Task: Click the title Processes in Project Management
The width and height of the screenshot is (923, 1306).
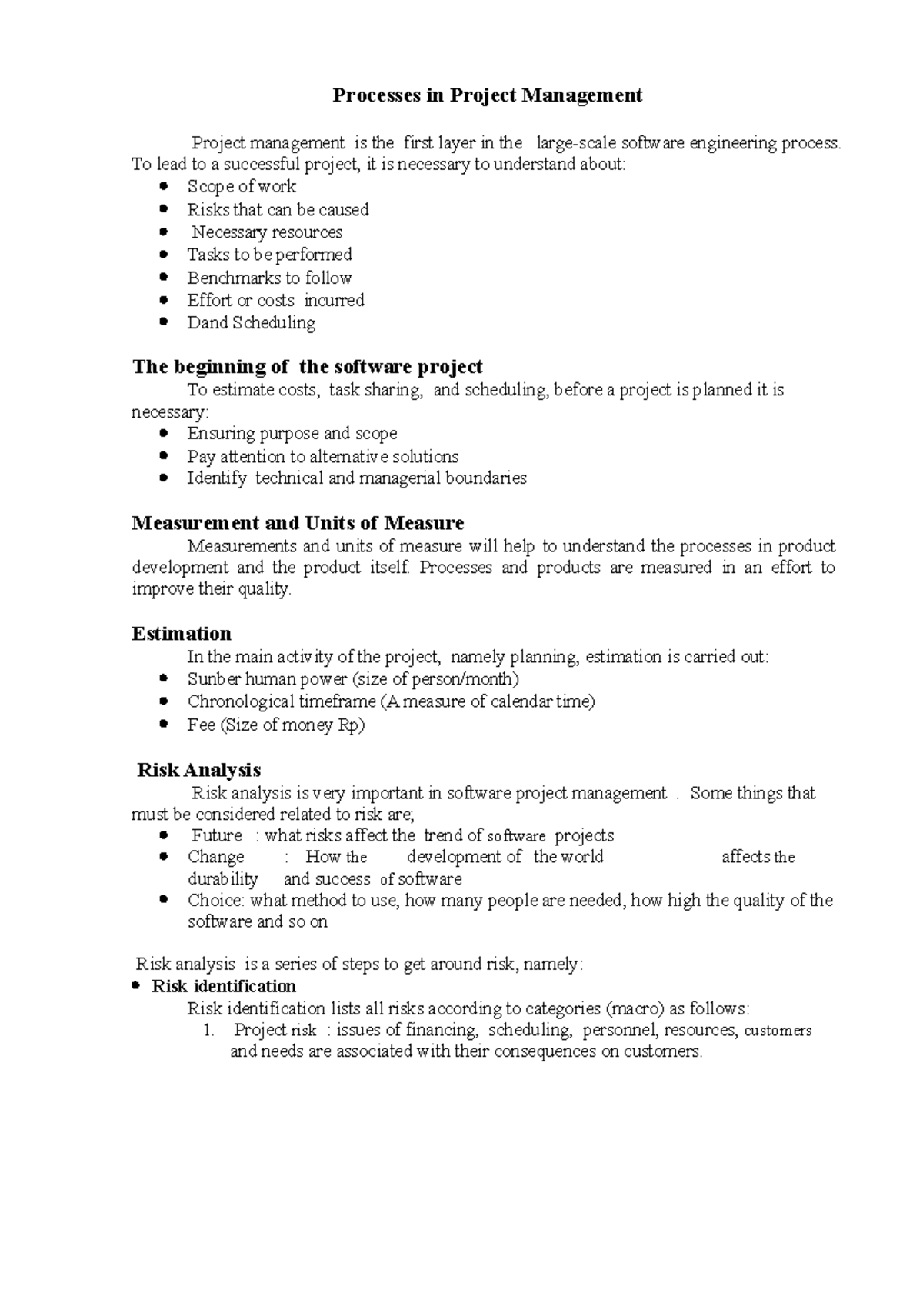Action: tap(487, 95)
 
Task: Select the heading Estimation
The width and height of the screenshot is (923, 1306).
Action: tap(182, 634)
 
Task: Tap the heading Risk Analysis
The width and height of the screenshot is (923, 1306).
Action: tap(198, 770)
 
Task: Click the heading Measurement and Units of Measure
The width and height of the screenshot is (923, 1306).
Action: tap(298, 523)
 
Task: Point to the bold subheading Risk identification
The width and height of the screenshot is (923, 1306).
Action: tap(224, 986)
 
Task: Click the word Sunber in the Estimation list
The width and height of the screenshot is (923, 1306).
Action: tap(215, 679)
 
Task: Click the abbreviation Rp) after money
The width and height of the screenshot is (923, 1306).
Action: tap(352, 725)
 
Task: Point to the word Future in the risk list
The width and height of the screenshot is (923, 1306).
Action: tap(217, 835)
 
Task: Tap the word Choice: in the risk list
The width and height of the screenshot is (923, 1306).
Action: tap(216, 901)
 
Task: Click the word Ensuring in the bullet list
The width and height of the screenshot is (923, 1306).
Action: tap(221, 433)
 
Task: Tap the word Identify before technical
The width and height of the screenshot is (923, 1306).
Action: tap(217, 478)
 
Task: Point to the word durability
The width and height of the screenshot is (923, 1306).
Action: tap(223, 879)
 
